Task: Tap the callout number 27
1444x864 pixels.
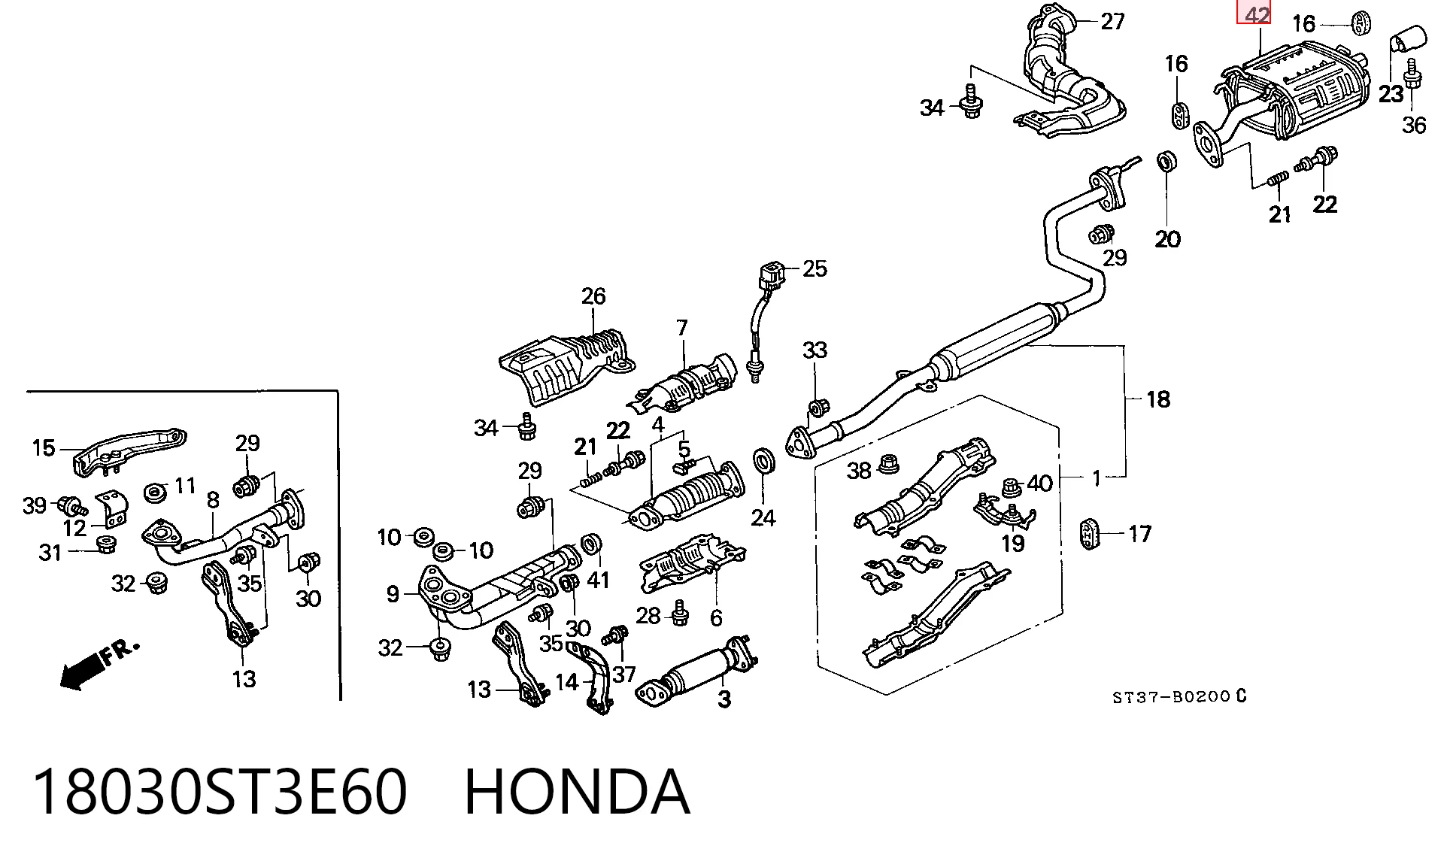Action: click(x=1112, y=22)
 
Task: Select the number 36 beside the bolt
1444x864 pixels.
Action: click(x=1414, y=125)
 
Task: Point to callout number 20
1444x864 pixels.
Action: click(x=1168, y=240)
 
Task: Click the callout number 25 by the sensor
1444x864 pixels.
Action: click(x=815, y=268)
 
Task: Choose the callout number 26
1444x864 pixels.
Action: click(x=593, y=296)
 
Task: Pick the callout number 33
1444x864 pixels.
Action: click(x=815, y=350)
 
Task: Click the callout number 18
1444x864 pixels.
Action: click(x=1158, y=399)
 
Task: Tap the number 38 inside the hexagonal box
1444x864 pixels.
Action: click(x=859, y=471)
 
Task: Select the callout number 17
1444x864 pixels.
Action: click(x=1140, y=534)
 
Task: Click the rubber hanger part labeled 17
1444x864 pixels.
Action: click(x=1089, y=533)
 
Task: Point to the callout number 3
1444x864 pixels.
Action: click(x=724, y=699)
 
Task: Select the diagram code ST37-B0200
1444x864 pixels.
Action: click(x=1171, y=697)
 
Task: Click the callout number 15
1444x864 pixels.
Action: click(x=44, y=449)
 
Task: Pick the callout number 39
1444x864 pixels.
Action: click(x=35, y=506)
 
